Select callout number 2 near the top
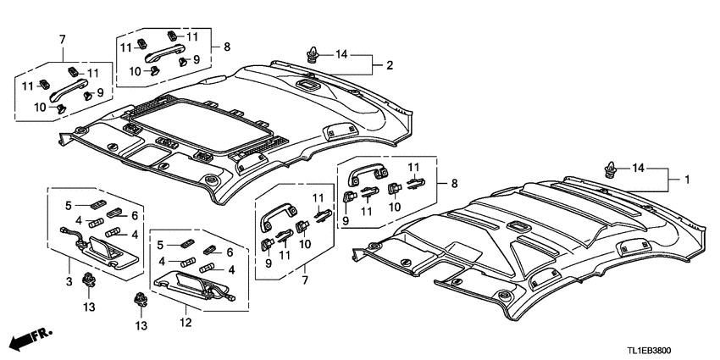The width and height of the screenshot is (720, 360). (390, 65)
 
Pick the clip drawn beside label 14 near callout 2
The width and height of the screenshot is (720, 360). (313, 57)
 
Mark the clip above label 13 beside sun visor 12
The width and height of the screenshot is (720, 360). (140, 299)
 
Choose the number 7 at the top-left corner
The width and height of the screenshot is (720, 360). (62, 39)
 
